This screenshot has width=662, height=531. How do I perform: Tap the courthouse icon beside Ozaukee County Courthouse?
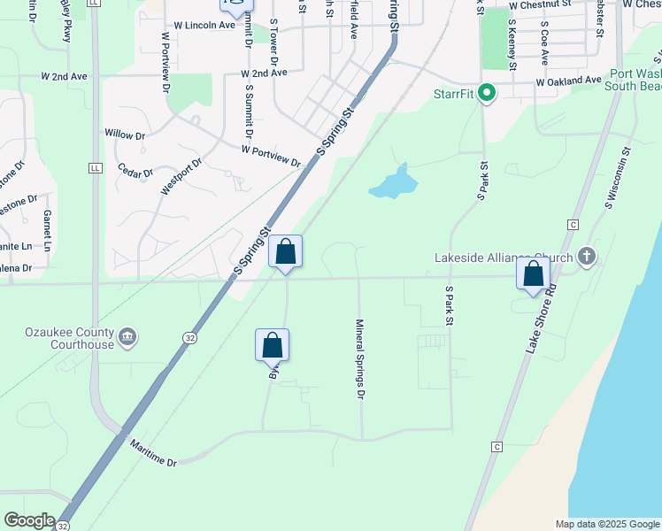pyautogui.click(x=127, y=335)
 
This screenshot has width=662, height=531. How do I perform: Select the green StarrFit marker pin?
pyautogui.click(x=486, y=92)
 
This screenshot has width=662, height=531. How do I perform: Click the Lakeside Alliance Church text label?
pyautogui.click(x=504, y=258)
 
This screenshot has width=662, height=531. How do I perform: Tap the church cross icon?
pyautogui.click(x=585, y=258)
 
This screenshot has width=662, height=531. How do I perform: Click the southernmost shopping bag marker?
pyautogui.click(x=273, y=345)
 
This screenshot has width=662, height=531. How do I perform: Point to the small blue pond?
pyautogui.click(x=392, y=183)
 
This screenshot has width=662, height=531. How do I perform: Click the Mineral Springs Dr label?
pyautogui.click(x=360, y=358)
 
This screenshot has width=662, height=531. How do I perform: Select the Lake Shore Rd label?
pyautogui.click(x=542, y=319)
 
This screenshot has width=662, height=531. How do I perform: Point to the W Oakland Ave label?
pyautogui.click(x=568, y=81)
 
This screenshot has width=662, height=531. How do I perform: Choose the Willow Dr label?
pyautogui.click(x=125, y=135)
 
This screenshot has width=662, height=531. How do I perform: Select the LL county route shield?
pyautogui.click(x=95, y=166)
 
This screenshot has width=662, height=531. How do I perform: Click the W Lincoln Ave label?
pyautogui.click(x=204, y=26)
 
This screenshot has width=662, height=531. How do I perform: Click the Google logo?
pyautogui.click(x=28, y=520)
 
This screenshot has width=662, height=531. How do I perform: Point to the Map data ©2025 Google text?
pyautogui.click(x=606, y=524)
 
